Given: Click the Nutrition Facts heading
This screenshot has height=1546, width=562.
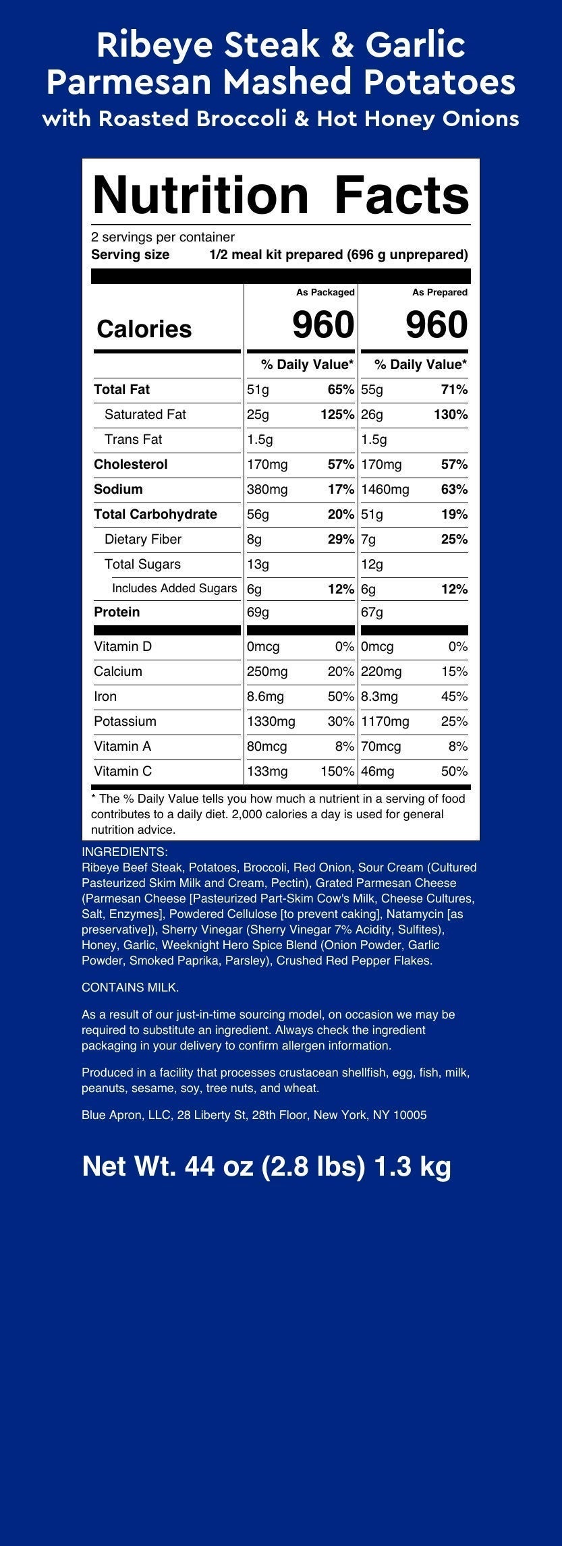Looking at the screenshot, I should (x=281, y=195).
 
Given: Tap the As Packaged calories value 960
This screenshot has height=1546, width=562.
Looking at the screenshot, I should (x=323, y=325).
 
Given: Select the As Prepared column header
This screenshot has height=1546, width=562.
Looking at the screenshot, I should (x=440, y=292).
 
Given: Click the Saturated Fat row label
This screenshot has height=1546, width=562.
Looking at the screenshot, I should (x=145, y=415).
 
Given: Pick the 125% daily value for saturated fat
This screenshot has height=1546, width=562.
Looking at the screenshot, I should (x=337, y=415).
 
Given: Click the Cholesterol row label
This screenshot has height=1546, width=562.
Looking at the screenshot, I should (x=131, y=465).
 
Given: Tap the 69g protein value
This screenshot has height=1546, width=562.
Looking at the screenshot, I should (x=258, y=612).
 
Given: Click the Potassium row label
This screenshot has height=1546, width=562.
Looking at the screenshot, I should (x=125, y=722).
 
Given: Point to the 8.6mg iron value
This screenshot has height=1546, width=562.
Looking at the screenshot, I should (x=265, y=697).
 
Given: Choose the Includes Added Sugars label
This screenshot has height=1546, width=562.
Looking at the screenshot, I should (x=174, y=589).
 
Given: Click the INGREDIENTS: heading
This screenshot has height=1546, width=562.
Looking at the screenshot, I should (x=125, y=852).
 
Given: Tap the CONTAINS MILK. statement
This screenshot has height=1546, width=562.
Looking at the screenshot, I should (x=130, y=987).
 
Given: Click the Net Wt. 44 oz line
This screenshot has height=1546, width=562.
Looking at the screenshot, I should (x=266, y=1166).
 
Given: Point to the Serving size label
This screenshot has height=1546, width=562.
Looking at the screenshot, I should (x=130, y=255).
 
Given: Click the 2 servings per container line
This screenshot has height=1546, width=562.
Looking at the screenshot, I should (x=163, y=237).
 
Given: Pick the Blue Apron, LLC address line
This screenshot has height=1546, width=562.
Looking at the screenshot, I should (x=254, y=1115).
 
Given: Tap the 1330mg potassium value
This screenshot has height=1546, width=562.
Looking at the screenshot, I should (x=271, y=722).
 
